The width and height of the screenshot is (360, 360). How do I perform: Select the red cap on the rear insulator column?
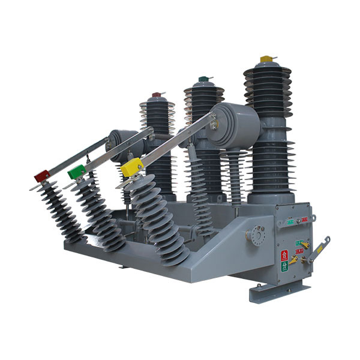point(157,94)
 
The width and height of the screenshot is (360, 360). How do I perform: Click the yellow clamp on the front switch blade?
point(131,167)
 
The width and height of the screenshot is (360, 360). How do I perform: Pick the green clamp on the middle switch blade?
point(77,172)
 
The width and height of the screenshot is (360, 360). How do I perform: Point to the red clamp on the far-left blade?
point(42,175)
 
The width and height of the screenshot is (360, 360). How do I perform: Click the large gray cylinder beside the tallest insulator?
point(235,125)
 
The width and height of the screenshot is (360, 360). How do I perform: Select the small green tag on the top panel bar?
point(290,221)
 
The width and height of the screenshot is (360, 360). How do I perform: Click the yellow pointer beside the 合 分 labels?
point(293,259)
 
